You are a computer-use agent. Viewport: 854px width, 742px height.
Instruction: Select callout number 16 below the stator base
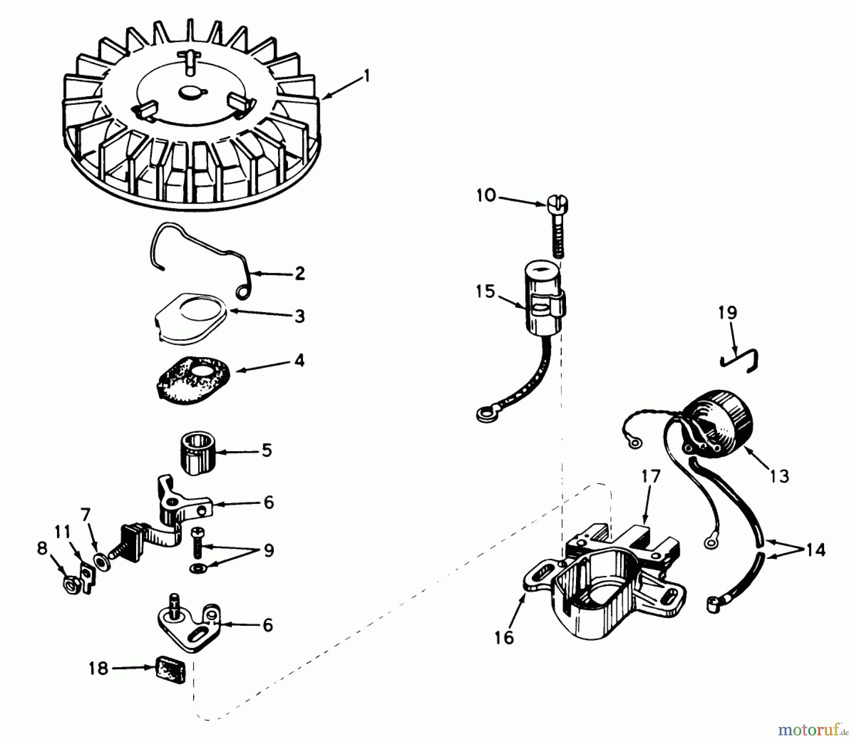coord(504,638)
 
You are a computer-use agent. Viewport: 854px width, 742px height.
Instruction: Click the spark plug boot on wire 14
coord(715,603)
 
